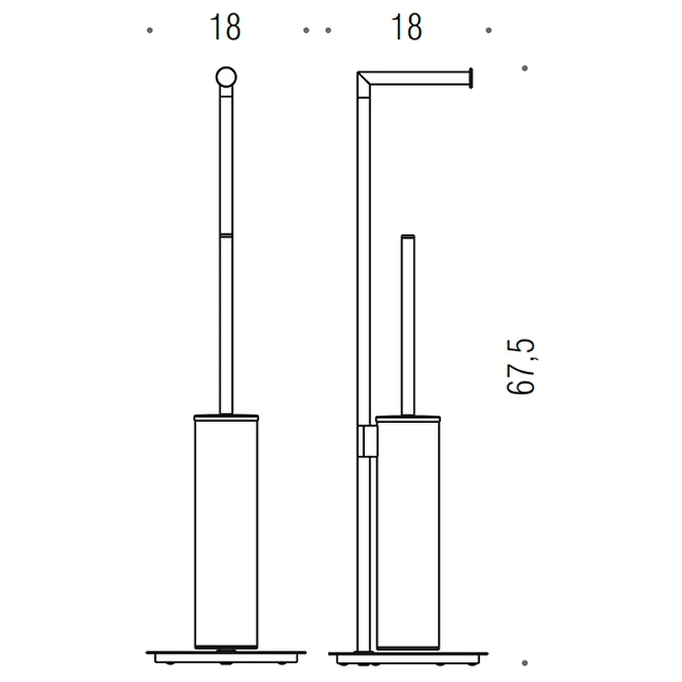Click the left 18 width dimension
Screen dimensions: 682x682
point(225,27)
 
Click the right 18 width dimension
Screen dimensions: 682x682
point(407,27)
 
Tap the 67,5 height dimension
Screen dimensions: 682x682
point(521,367)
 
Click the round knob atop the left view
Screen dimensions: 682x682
point(226,78)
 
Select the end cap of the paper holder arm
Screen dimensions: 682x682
point(471,78)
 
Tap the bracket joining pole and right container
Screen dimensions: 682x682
point(367,441)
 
